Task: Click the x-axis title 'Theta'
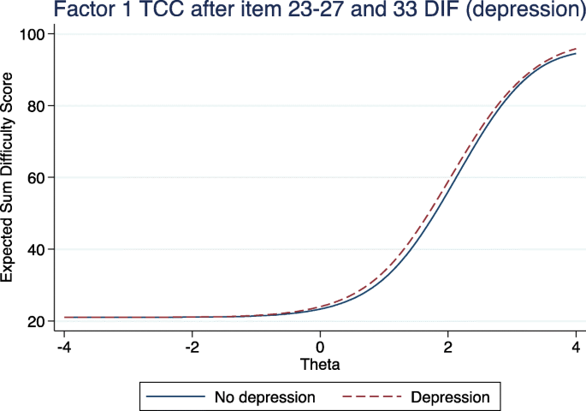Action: (x=319, y=365)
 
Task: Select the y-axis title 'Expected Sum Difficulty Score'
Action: (x=9, y=177)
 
